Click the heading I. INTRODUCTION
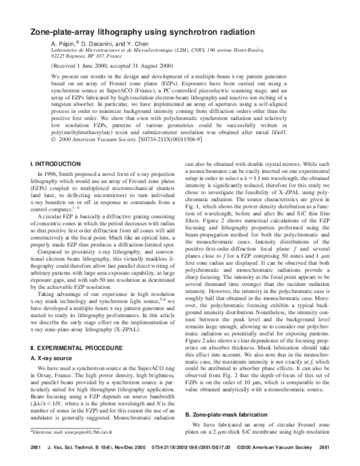tap(55, 163)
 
